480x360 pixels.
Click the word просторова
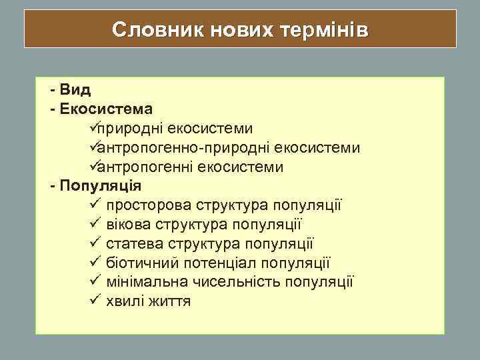145,205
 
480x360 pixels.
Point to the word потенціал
216,263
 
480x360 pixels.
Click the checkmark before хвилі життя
93,301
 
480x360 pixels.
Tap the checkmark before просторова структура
93,204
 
